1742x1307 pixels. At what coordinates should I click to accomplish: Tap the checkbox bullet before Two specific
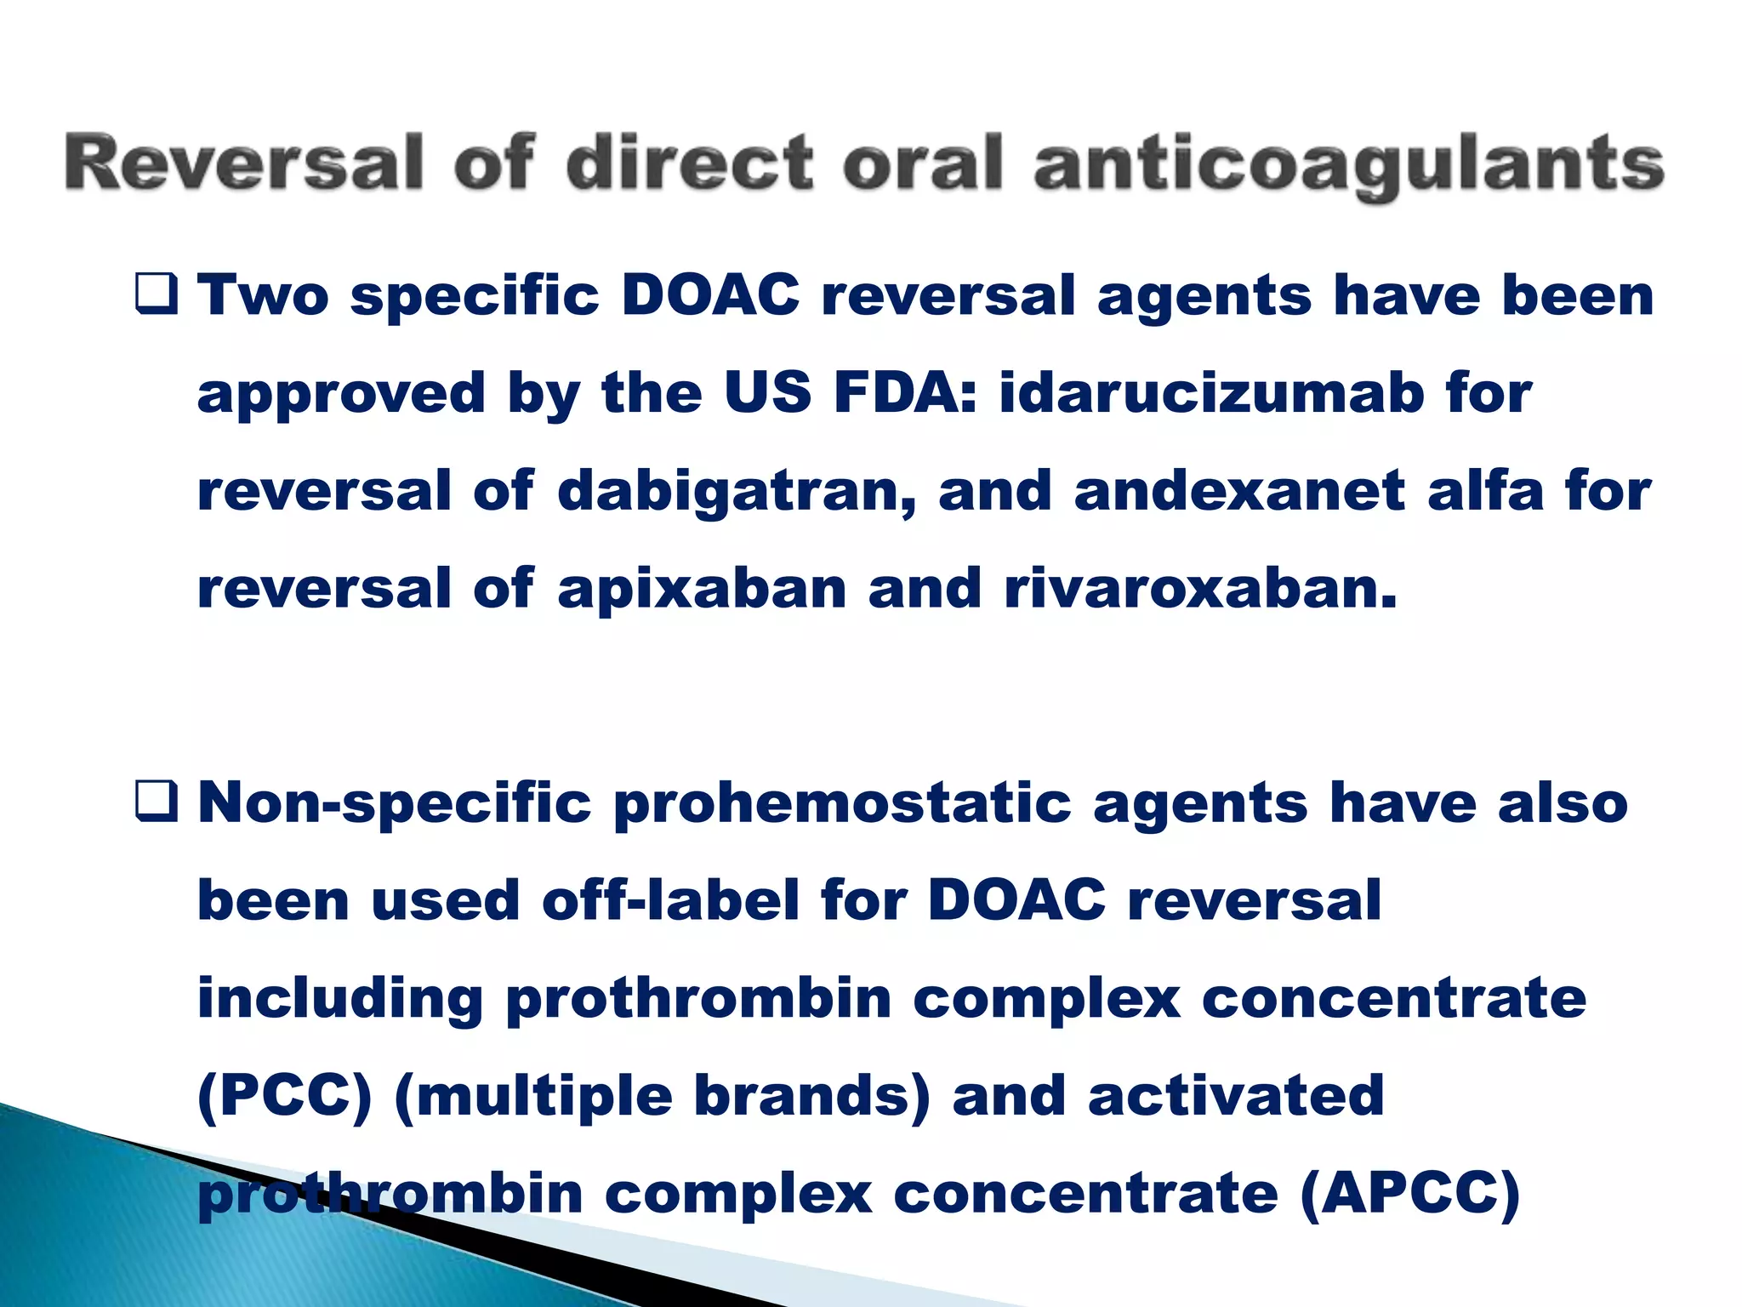coord(157,295)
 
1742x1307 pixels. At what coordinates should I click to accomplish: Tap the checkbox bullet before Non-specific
coord(157,802)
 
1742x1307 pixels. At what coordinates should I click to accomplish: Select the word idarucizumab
coord(1211,393)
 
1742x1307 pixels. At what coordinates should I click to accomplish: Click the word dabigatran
coord(737,492)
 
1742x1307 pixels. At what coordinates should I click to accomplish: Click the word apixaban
coord(702,589)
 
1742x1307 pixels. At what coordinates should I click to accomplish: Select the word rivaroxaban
coord(1200,589)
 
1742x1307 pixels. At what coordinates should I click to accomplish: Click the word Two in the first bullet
coord(263,295)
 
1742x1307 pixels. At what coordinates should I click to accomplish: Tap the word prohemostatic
coord(841,802)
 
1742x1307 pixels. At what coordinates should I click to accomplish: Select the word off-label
coord(670,900)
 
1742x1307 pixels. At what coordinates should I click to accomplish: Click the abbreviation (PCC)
coord(285,1096)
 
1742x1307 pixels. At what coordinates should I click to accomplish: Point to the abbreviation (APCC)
coord(1410,1193)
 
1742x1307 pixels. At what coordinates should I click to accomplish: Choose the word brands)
coord(812,1096)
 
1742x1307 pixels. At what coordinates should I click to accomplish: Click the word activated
coord(1236,1095)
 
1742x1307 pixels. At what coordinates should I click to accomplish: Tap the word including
coord(340,999)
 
